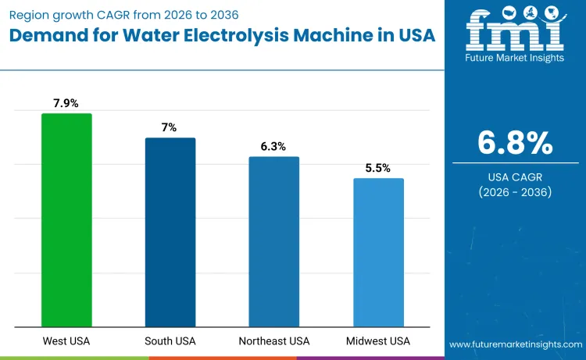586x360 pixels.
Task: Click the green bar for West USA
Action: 66,220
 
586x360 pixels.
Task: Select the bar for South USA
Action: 170,232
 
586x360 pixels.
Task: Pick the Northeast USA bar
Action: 273,241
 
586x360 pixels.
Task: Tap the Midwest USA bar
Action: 378,252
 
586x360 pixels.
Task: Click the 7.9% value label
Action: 66,102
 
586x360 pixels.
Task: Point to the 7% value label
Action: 170,127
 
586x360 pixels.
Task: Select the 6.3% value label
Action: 273,146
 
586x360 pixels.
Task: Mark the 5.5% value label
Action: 378,167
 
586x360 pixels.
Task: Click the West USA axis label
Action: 66,341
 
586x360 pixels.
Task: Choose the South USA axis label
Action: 170,341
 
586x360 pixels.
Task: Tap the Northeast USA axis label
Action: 273,341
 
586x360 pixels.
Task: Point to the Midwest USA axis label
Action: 378,341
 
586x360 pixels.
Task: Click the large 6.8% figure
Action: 515,143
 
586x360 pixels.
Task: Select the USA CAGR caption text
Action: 515,176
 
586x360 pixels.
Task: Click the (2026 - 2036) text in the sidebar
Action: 515,192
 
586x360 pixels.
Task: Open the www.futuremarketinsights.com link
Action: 515,344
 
